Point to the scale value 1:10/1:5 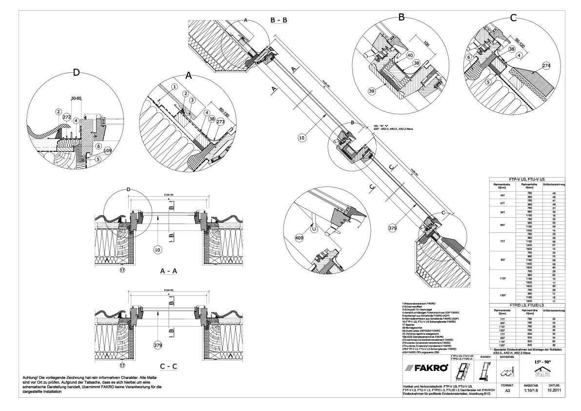coord(531,390)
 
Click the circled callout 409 coord(299,238)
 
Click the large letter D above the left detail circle coord(76,73)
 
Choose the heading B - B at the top coord(279,20)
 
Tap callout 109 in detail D coord(107,151)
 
